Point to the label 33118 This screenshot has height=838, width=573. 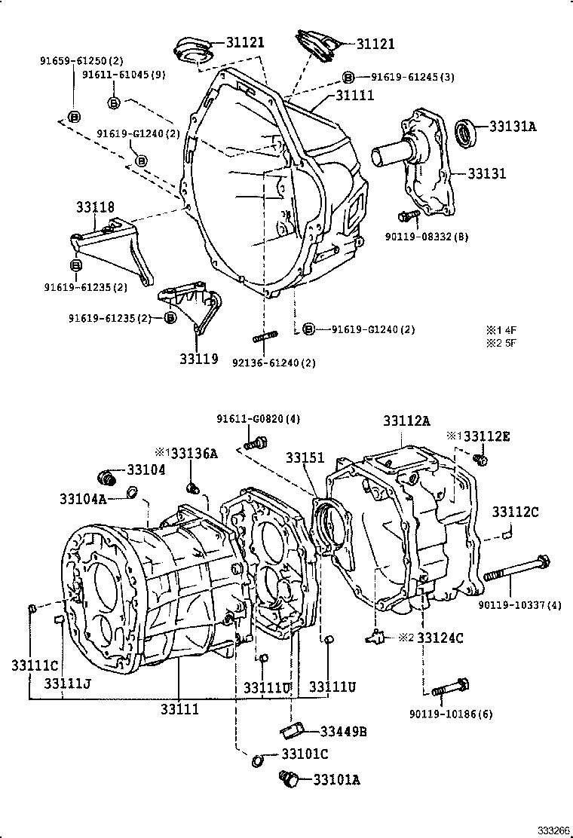[94, 206]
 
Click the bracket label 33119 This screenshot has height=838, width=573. [198, 359]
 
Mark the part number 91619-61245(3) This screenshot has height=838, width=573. [412, 77]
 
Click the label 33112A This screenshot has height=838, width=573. [407, 422]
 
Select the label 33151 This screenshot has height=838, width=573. [305, 458]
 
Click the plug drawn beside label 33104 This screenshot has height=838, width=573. [109, 477]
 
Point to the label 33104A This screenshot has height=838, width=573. [83, 498]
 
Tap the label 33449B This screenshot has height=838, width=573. [343, 730]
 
